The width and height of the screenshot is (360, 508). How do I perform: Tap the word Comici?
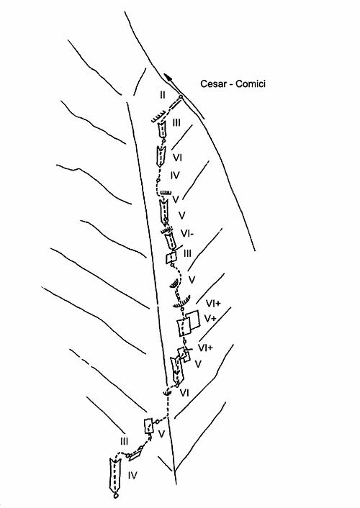pos(251,84)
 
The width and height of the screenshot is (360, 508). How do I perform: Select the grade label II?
pos(163,95)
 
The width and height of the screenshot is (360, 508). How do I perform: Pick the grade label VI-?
pos(187,233)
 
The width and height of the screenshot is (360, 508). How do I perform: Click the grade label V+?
pos(210,319)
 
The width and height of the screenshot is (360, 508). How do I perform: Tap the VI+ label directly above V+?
pos(213,303)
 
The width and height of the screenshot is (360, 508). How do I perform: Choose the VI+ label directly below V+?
pos(205,348)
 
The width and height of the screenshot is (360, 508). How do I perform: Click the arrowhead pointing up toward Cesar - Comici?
pos(168,78)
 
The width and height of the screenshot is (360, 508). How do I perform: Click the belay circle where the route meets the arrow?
pos(181,96)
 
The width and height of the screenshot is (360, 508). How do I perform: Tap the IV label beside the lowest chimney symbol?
pos(132,476)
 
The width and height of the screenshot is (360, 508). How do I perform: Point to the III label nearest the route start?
pos(124,441)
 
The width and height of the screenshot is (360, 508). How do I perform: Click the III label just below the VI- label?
pos(187,253)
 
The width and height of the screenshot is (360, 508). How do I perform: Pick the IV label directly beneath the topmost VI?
pos(175,176)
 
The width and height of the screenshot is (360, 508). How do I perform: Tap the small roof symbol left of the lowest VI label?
pos(167,393)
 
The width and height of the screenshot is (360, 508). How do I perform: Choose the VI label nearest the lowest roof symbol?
pos(184,393)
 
